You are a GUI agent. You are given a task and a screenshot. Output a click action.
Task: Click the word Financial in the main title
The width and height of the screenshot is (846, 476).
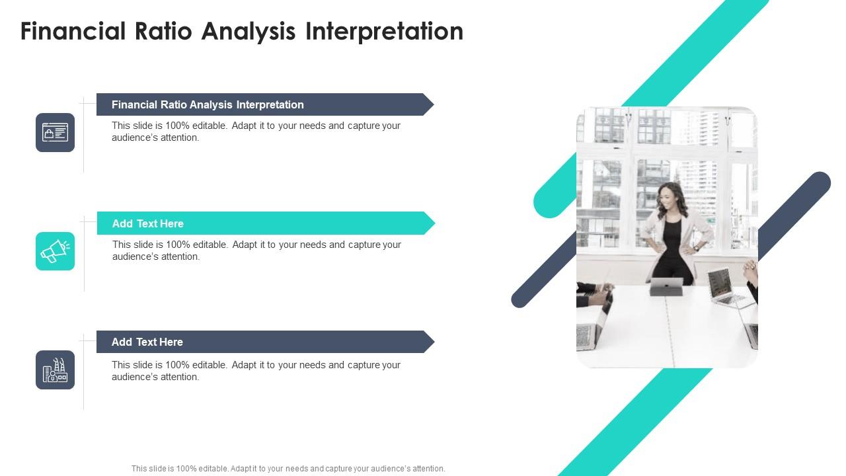73,31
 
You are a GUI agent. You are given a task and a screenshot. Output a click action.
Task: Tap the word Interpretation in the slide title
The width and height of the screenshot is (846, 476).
384,32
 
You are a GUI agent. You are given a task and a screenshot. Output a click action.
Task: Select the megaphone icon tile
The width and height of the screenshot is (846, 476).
55,251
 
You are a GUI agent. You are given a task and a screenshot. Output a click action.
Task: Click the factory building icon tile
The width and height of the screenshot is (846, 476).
55,370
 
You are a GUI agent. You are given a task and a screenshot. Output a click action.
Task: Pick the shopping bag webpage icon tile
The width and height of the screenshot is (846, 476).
55,133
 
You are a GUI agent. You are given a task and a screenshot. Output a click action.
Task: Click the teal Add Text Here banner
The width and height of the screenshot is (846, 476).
266,223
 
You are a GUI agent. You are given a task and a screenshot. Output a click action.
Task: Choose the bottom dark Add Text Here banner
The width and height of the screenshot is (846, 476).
266,342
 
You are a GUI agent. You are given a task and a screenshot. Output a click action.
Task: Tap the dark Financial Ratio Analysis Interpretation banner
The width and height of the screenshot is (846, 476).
265,104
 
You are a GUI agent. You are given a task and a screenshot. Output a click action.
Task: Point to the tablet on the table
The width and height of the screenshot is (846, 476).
668,287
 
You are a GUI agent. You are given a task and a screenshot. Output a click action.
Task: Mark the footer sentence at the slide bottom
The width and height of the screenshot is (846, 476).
289,469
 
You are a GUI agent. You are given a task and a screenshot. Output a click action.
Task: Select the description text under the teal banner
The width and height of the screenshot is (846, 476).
257,251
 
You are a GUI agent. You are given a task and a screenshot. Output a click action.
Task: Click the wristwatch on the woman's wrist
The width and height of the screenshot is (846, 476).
697,248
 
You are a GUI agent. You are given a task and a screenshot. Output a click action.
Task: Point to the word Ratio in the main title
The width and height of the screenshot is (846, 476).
163,31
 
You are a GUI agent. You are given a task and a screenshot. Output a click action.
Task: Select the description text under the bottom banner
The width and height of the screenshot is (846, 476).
256,371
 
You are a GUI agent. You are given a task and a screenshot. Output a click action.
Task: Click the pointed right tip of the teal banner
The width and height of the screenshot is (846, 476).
435,223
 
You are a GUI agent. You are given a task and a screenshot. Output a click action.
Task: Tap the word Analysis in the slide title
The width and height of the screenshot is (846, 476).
249,32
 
